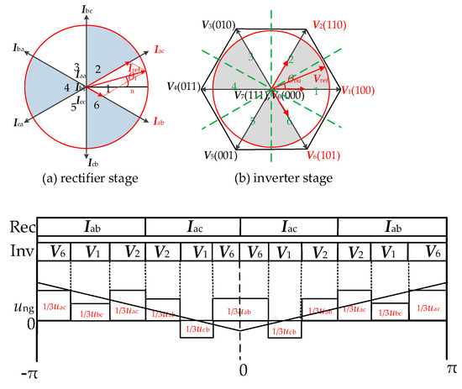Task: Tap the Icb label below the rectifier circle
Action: [90, 165]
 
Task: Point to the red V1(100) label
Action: [362, 87]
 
